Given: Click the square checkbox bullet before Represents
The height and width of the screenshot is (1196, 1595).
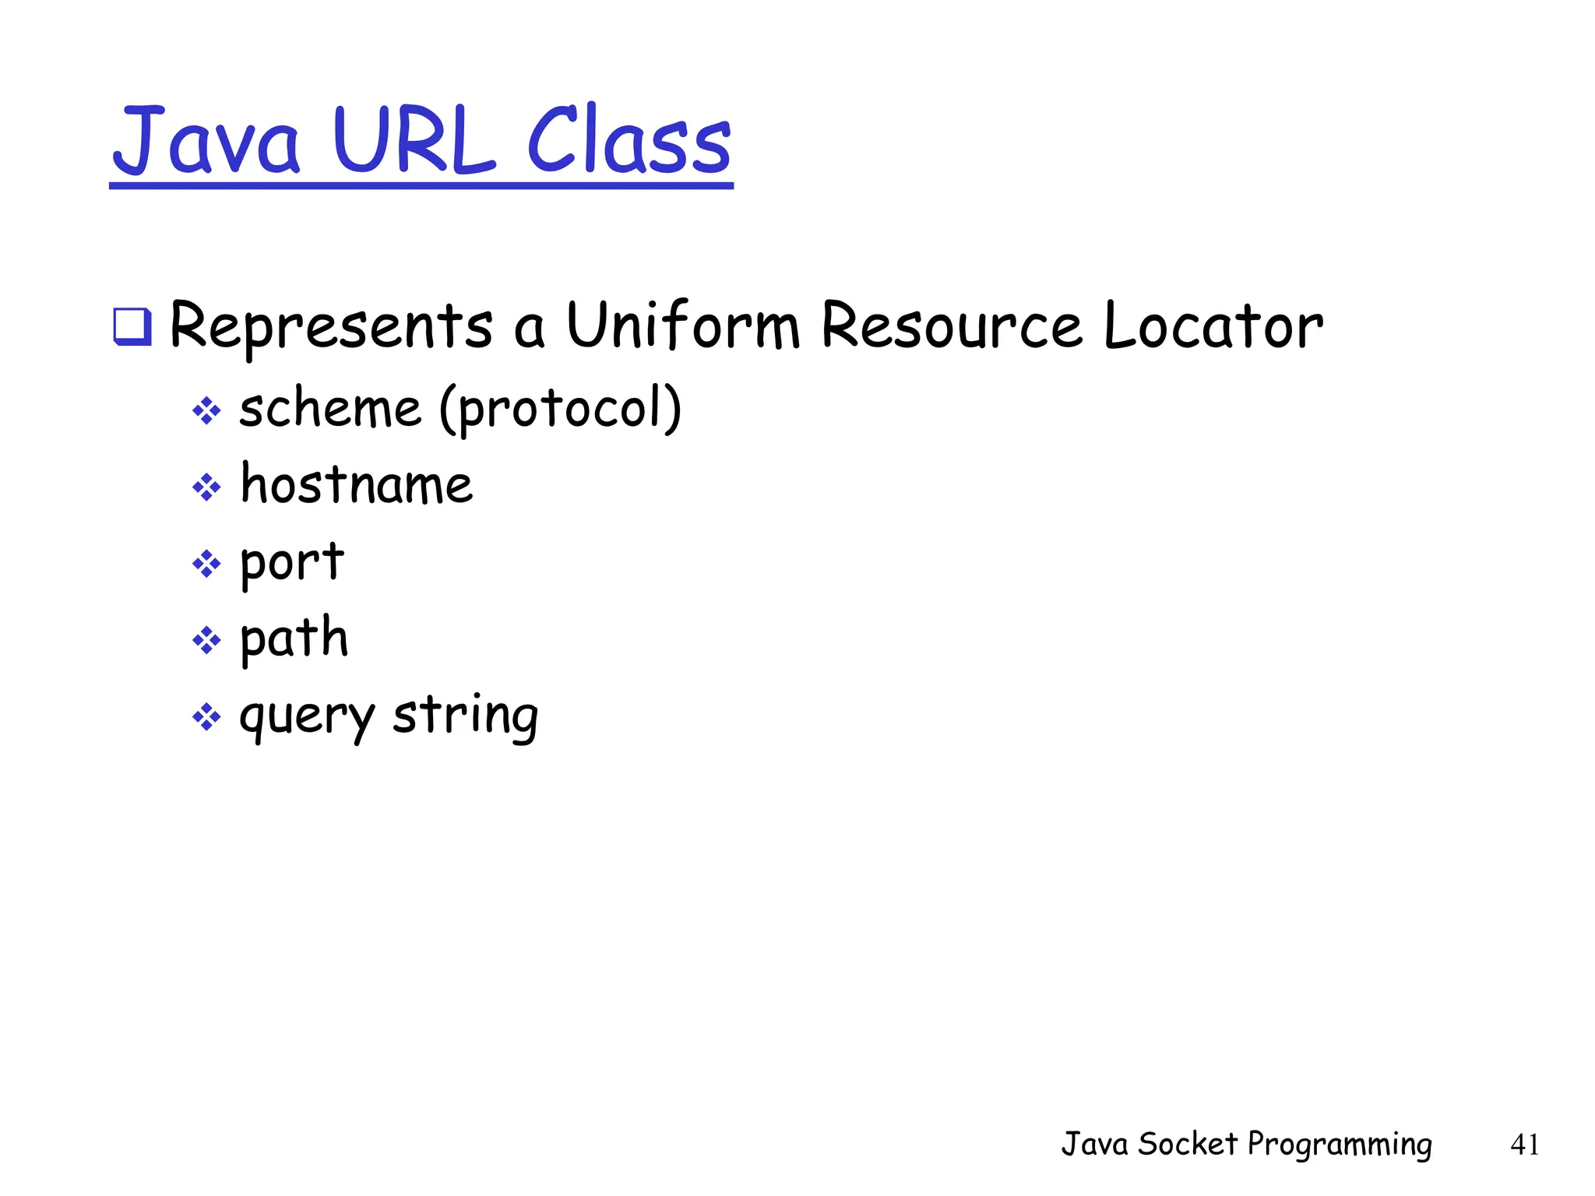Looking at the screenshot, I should point(132,326).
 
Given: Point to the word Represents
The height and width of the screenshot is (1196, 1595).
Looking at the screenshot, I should point(331,326).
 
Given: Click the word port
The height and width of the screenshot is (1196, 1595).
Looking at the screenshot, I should point(291,562).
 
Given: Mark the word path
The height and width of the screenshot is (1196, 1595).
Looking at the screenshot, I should point(294,638).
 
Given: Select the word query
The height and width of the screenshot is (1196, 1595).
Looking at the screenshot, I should point(307,716).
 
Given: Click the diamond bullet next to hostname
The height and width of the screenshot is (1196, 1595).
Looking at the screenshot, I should point(206,487).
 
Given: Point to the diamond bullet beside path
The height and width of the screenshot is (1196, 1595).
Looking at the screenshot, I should point(206,641).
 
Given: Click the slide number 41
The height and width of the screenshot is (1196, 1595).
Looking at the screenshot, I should point(1524,1145).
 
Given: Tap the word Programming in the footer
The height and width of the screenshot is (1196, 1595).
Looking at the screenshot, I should point(1339,1145).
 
